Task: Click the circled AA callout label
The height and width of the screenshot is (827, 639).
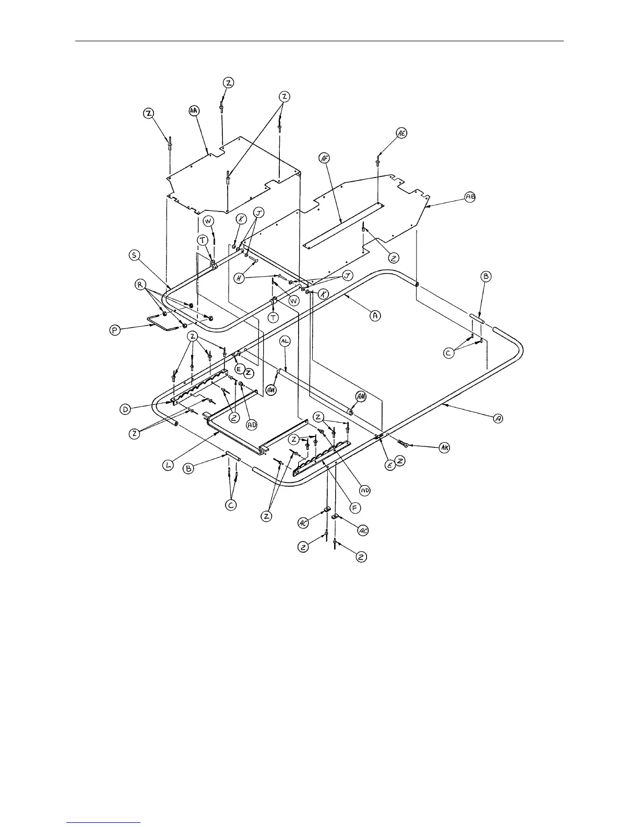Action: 194,111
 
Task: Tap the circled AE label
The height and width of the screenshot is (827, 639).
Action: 401,133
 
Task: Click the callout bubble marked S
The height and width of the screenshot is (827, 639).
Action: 135,255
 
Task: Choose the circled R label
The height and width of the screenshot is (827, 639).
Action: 140,286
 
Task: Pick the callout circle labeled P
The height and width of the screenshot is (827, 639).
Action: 116,330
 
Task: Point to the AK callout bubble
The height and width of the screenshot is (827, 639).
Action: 444,448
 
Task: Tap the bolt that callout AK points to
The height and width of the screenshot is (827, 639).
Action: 403,443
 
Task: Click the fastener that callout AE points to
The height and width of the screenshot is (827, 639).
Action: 377,160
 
